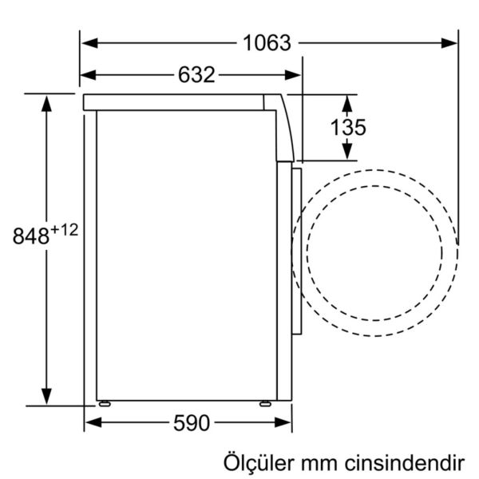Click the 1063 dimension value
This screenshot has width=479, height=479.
267,43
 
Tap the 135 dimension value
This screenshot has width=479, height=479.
349,127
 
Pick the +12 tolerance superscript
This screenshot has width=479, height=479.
67,230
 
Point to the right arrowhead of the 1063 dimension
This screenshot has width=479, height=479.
451,42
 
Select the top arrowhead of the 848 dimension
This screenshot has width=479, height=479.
47,101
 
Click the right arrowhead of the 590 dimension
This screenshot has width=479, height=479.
285,422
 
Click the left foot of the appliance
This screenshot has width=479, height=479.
104,403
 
